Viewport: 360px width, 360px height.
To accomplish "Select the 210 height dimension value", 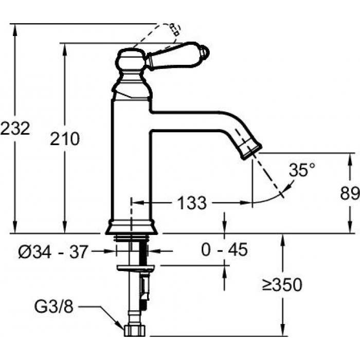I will [x=65, y=138].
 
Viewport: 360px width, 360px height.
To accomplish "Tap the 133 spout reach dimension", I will [x=192, y=203].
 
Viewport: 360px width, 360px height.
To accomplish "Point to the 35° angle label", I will [x=301, y=170].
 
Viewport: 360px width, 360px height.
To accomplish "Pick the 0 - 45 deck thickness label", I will [x=224, y=250].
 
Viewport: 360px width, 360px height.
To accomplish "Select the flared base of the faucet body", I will [x=131, y=227].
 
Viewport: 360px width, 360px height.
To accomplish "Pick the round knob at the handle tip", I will [x=205, y=52].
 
